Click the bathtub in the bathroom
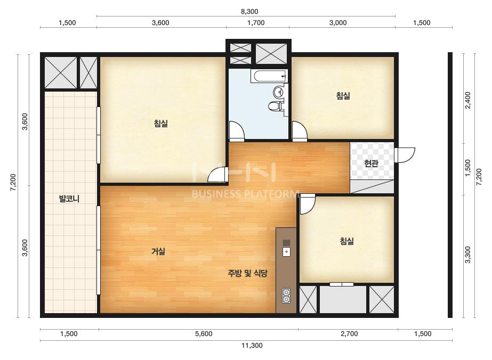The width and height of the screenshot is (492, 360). [269, 76]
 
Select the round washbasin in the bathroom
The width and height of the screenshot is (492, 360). [278, 92]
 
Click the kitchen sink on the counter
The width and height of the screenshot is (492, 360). [286, 251]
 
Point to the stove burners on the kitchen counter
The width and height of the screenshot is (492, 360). [286, 296]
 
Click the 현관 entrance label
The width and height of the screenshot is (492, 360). [371, 163]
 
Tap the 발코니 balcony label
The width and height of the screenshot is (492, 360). [69, 199]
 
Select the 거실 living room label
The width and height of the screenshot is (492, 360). [158, 251]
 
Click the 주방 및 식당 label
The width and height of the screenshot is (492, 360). [247, 273]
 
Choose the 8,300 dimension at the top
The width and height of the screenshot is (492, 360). [249, 12]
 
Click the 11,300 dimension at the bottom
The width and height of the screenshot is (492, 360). [252, 346]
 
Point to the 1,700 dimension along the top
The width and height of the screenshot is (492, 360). [256, 22]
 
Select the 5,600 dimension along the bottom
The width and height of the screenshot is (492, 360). [204, 334]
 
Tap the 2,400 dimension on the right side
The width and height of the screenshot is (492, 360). [467, 100]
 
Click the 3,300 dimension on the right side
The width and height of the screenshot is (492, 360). [467, 255]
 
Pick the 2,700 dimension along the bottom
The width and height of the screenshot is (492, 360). [349, 334]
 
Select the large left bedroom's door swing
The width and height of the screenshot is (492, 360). [218, 175]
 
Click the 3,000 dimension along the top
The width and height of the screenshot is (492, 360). [338, 22]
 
